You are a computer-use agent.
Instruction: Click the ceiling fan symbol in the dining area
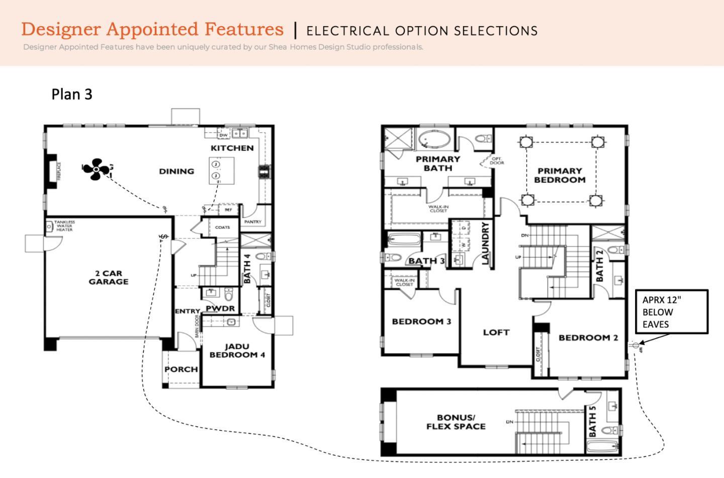click(x=96, y=169)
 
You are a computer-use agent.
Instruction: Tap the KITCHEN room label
click(x=232, y=148)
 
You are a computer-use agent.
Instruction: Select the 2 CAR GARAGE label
click(x=108, y=277)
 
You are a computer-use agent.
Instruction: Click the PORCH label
click(x=181, y=369)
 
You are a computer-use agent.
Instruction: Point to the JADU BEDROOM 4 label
click(x=237, y=351)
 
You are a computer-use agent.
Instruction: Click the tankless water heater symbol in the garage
click(x=49, y=226)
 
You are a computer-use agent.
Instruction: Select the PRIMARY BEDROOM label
click(x=560, y=175)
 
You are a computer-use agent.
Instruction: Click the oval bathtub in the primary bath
click(x=435, y=139)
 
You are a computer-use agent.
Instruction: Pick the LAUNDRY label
click(x=486, y=243)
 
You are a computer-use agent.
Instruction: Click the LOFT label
click(x=496, y=332)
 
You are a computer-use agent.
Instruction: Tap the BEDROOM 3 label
click(x=421, y=322)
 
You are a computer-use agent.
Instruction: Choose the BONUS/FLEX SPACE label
click(x=456, y=422)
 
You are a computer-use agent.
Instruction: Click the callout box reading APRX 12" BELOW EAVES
click(x=671, y=311)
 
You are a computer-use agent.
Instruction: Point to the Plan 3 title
click(x=72, y=94)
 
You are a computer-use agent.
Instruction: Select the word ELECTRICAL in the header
click(x=347, y=31)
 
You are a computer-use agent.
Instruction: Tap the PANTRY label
click(x=252, y=222)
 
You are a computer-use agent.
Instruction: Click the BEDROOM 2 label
click(x=588, y=338)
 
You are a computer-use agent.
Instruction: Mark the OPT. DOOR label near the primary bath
click(x=497, y=161)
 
